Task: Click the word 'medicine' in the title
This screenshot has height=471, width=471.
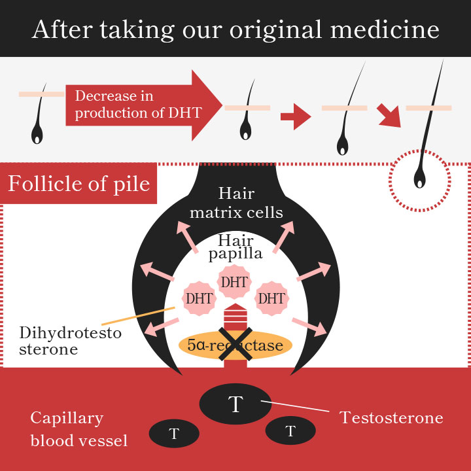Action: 385,29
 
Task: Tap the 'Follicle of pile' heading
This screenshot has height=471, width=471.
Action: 78,184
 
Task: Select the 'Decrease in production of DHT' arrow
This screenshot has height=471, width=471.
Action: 144,105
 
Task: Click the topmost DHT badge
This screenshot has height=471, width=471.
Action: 234,282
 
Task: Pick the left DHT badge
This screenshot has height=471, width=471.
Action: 199,298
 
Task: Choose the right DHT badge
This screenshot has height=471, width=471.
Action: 272,298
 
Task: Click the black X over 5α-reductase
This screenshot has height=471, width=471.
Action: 235,344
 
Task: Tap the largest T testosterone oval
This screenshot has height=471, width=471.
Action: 235,404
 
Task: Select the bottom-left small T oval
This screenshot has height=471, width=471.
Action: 174,434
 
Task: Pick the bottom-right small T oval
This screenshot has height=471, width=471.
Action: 290,430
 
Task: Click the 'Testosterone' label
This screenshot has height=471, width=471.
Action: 391,417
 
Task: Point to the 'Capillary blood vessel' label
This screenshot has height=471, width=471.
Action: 79,429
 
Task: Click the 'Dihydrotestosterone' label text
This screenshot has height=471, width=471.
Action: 70,341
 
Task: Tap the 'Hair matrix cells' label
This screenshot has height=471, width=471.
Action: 236,203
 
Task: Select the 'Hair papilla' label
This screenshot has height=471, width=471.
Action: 235,247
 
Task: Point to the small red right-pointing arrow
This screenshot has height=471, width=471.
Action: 296,116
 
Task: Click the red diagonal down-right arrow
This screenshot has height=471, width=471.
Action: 389,115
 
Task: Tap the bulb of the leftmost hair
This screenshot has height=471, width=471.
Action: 37,135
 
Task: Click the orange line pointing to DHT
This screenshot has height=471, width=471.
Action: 138,316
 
